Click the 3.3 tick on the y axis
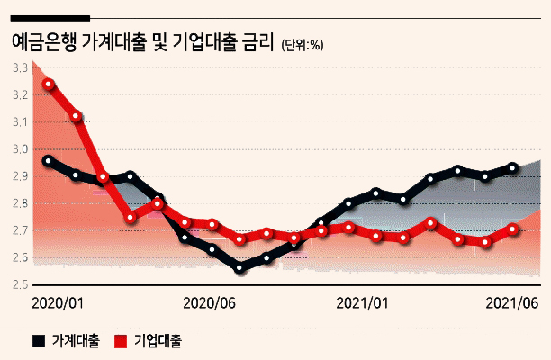pyautogui.click(x=20, y=68)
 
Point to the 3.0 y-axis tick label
pyautogui.click(x=20, y=149)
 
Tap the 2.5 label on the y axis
pyautogui.click(x=20, y=284)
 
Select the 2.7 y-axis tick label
pyautogui.click(x=20, y=230)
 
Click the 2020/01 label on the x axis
pyautogui.click(x=58, y=303)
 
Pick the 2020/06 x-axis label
pyautogui.click(x=210, y=303)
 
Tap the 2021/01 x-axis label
pyautogui.click(x=362, y=303)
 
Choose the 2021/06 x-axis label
pyautogui.click(x=512, y=303)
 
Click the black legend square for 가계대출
pyautogui.click(x=39, y=341)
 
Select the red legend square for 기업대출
pyautogui.click(x=121, y=341)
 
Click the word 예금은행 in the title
pyautogui.click(x=44, y=42)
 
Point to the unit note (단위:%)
pyautogui.click(x=303, y=45)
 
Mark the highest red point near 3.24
pyautogui.click(x=49, y=85)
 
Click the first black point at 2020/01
pyautogui.click(x=48, y=161)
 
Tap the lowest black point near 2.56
pyautogui.click(x=239, y=268)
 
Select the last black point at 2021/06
pyautogui.click(x=512, y=168)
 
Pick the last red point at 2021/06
pyautogui.click(x=512, y=229)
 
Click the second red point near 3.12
pyautogui.click(x=76, y=116)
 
